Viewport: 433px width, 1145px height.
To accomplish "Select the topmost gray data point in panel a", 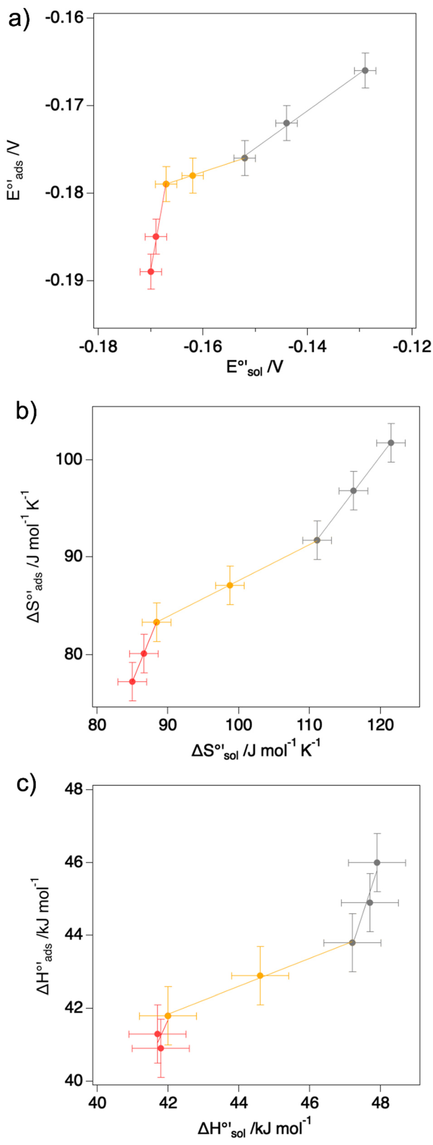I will click(x=365, y=70).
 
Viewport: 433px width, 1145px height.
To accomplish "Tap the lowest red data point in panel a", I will click(x=151, y=272).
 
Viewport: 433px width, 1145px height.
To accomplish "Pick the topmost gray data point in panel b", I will click(x=391, y=443).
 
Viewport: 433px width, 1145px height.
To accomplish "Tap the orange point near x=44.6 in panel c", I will click(x=260, y=976).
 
